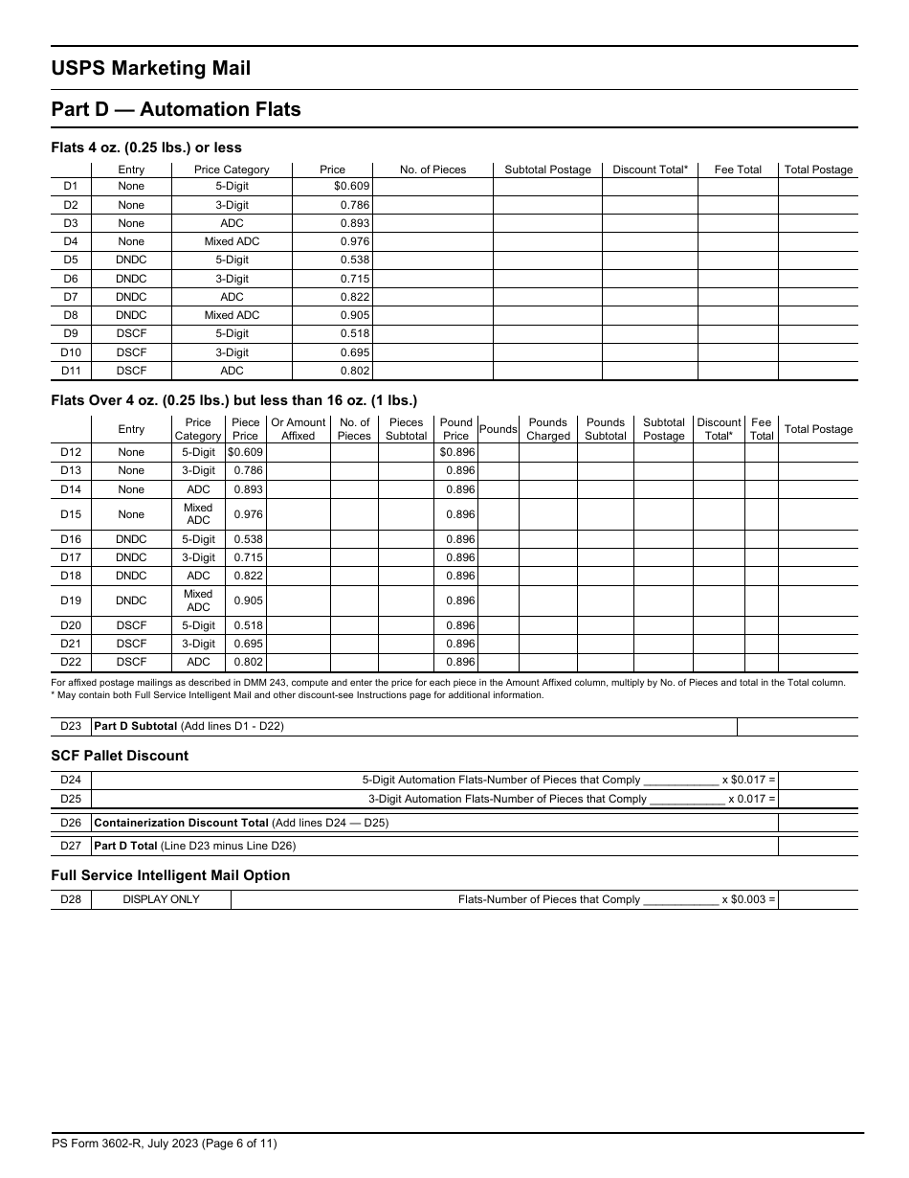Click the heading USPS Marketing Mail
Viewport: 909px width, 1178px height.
(151, 68)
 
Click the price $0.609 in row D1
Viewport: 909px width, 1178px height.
(351, 187)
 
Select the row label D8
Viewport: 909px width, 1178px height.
(71, 315)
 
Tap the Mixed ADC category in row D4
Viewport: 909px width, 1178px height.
(232, 241)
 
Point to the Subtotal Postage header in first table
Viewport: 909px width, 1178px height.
(547, 170)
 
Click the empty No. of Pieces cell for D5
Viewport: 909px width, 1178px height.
(432, 260)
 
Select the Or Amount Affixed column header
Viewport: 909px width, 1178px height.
(298, 429)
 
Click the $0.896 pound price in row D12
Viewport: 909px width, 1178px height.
(456, 452)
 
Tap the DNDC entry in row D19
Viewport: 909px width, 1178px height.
(131, 600)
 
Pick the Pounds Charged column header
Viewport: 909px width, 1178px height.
(547, 429)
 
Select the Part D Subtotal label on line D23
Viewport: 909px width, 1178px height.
(189, 727)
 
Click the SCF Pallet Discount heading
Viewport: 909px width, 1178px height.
(120, 756)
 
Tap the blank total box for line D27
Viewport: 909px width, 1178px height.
(817, 847)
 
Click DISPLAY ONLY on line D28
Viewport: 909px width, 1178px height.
(161, 900)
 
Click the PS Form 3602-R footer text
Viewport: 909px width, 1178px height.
(164, 1144)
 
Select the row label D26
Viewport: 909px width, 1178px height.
(71, 823)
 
